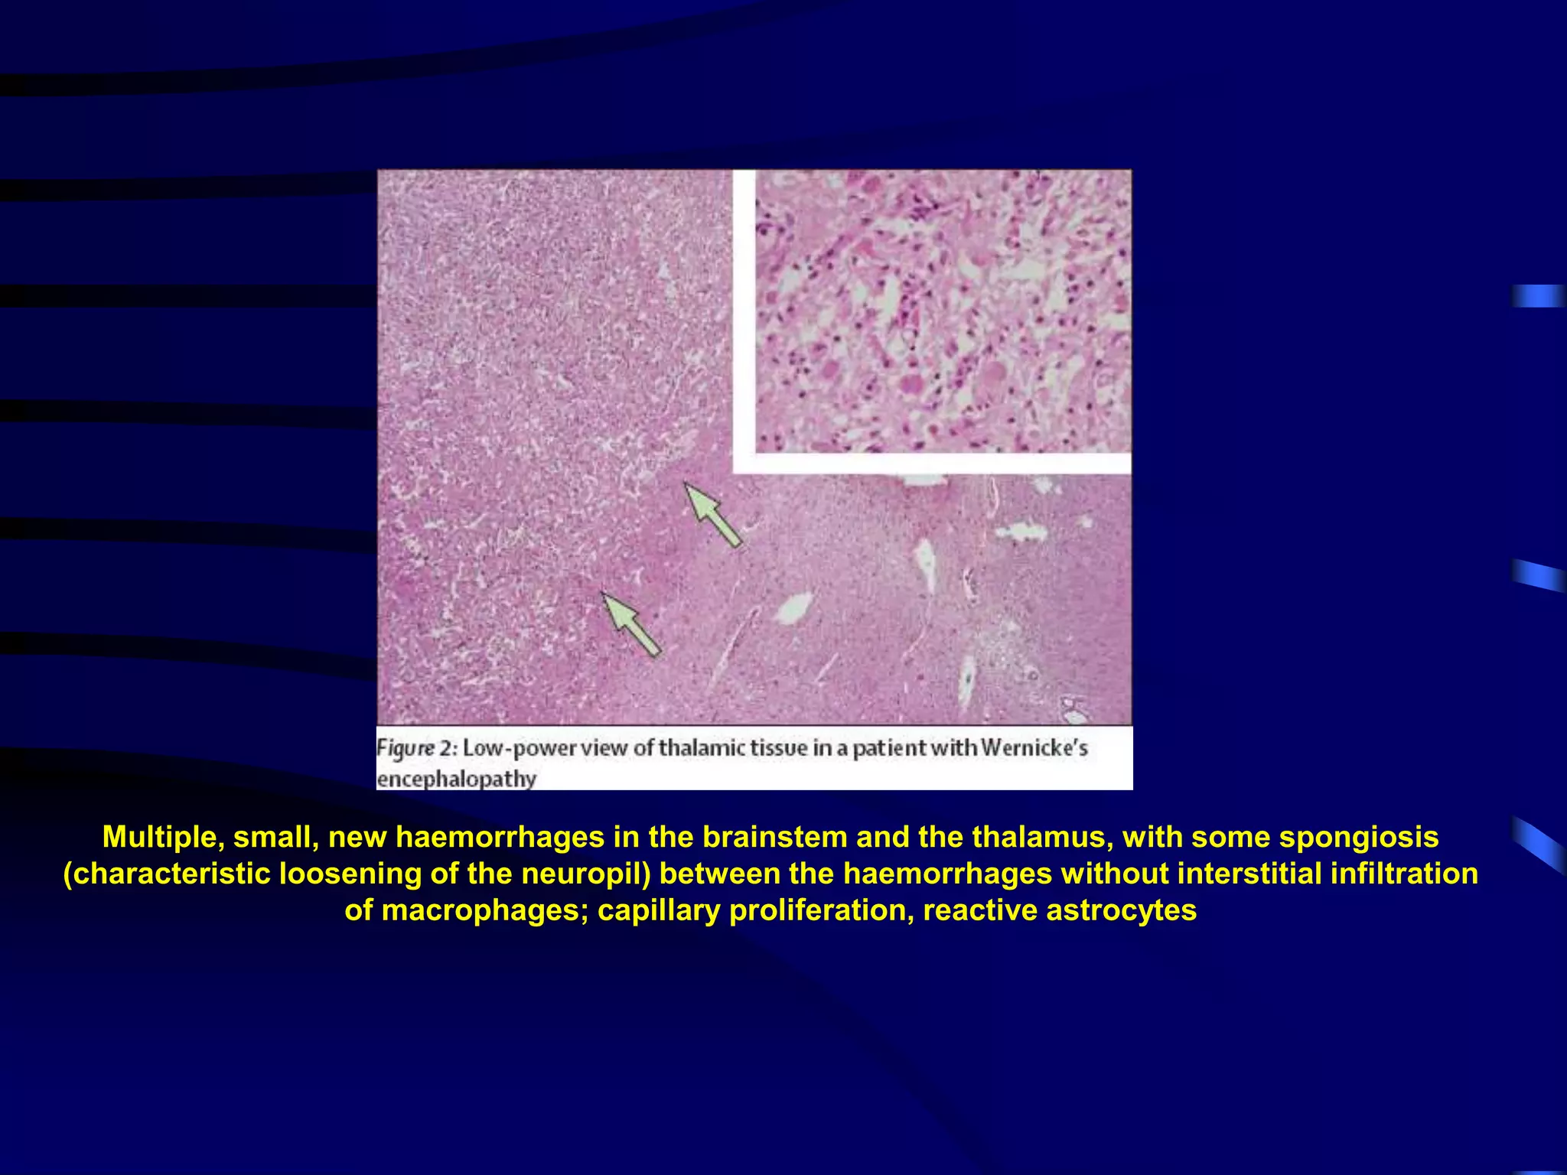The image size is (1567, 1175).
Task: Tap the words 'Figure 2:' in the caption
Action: pos(416,747)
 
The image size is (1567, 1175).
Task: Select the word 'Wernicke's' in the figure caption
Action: pos(1034,747)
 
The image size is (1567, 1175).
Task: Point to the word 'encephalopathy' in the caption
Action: pos(456,779)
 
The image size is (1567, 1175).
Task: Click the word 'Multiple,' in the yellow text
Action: pos(163,837)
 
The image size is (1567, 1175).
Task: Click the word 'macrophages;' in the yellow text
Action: pos(485,910)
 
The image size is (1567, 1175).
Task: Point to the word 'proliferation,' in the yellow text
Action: pos(822,910)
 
